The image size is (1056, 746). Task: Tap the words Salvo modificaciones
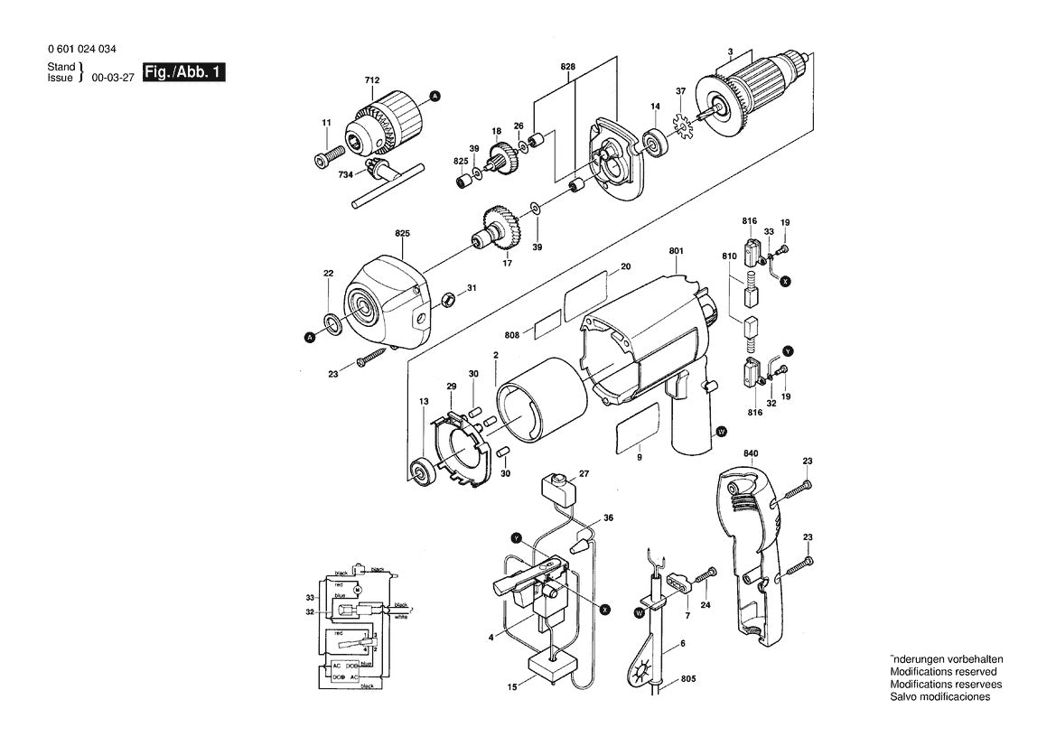[x=939, y=696]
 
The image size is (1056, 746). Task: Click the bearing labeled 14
[x=653, y=142]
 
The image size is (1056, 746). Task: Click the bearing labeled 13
[x=421, y=471]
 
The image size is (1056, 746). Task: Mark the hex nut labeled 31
[x=446, y=298]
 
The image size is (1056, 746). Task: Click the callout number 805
[x=689, y=679]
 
